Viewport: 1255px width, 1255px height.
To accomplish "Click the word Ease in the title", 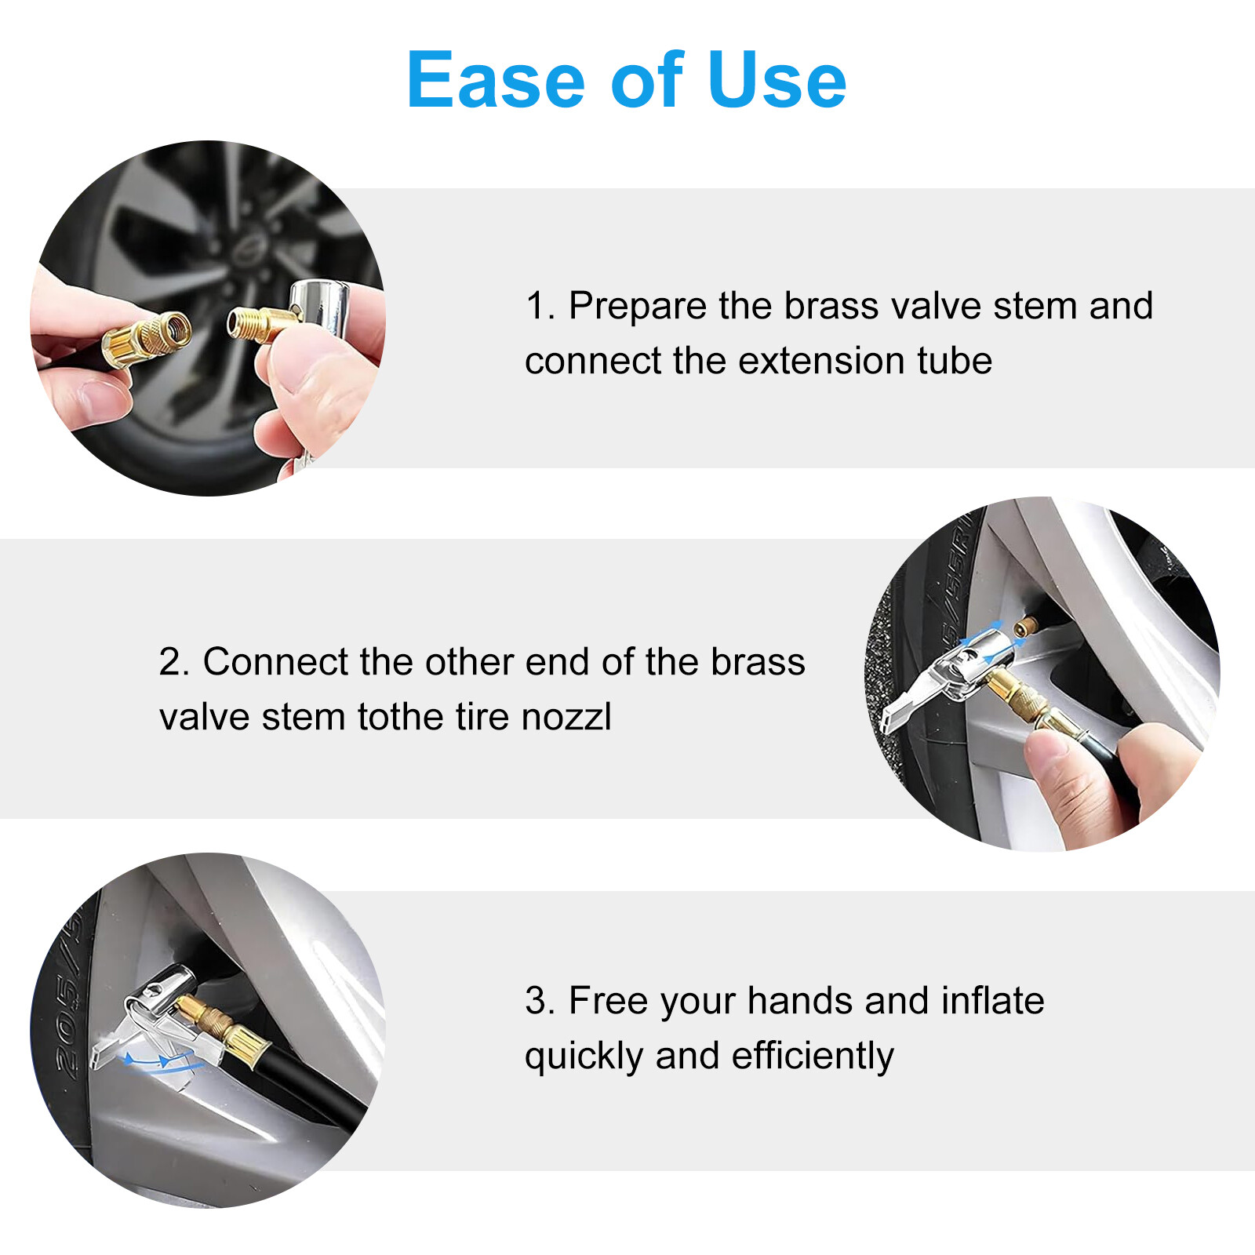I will [496, 80].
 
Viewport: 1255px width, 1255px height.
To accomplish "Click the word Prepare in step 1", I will [637, 306].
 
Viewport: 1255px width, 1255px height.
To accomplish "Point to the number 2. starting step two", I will [174, 662].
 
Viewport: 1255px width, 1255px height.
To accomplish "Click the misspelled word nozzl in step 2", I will [566, 717].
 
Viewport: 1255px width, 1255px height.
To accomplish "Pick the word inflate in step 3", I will [992, 1001].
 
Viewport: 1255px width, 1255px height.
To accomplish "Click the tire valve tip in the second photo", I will [1026, 625].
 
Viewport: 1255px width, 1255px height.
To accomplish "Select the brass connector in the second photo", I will [1020, 700].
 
